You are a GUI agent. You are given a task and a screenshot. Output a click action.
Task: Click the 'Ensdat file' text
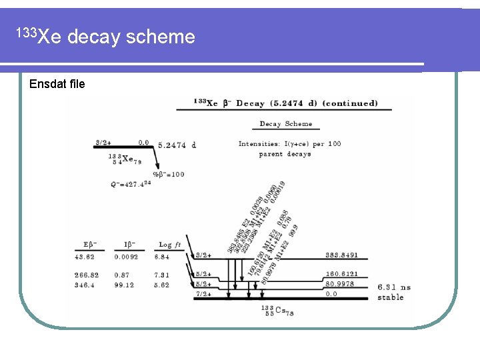pos(57,84)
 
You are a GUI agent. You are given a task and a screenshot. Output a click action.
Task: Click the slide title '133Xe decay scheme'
pos(106,36)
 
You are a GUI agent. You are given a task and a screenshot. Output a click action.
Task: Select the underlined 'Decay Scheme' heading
pos(285,124)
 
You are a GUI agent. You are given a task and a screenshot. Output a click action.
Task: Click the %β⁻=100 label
pos(168,174)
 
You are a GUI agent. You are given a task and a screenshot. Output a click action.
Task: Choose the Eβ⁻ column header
pos(89,244)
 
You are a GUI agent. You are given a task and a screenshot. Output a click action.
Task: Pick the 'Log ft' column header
pos(165,244)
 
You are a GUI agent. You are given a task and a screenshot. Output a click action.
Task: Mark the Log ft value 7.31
pos(162,275)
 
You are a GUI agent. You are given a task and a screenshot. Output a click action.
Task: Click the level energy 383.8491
pos(342,255)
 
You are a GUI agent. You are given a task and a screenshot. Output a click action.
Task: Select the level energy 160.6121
pos(342,274)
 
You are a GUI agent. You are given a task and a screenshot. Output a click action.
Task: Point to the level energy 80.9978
pos(340,284)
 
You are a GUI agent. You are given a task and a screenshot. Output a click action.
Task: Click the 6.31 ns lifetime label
pos(394,287)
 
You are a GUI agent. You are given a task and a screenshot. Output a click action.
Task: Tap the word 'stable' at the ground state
pos(390,297)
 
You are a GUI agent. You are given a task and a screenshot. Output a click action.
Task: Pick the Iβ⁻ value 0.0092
pos(126,257)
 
